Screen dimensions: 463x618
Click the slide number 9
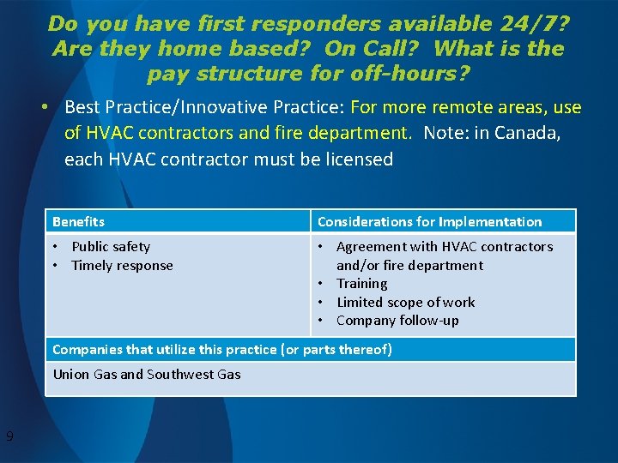(9, 436)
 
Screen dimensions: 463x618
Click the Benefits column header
(78, 221)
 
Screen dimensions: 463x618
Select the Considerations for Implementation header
(429, 221)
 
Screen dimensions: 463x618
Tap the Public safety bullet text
(111, 246)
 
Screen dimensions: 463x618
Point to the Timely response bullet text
(122, 265)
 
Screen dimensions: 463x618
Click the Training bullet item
(361, 283)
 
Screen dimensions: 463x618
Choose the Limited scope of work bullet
(405, 302)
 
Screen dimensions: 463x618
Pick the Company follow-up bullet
(397, 320)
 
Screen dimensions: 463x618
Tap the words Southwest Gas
(193, 374)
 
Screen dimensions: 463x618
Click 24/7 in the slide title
(519, 23)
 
